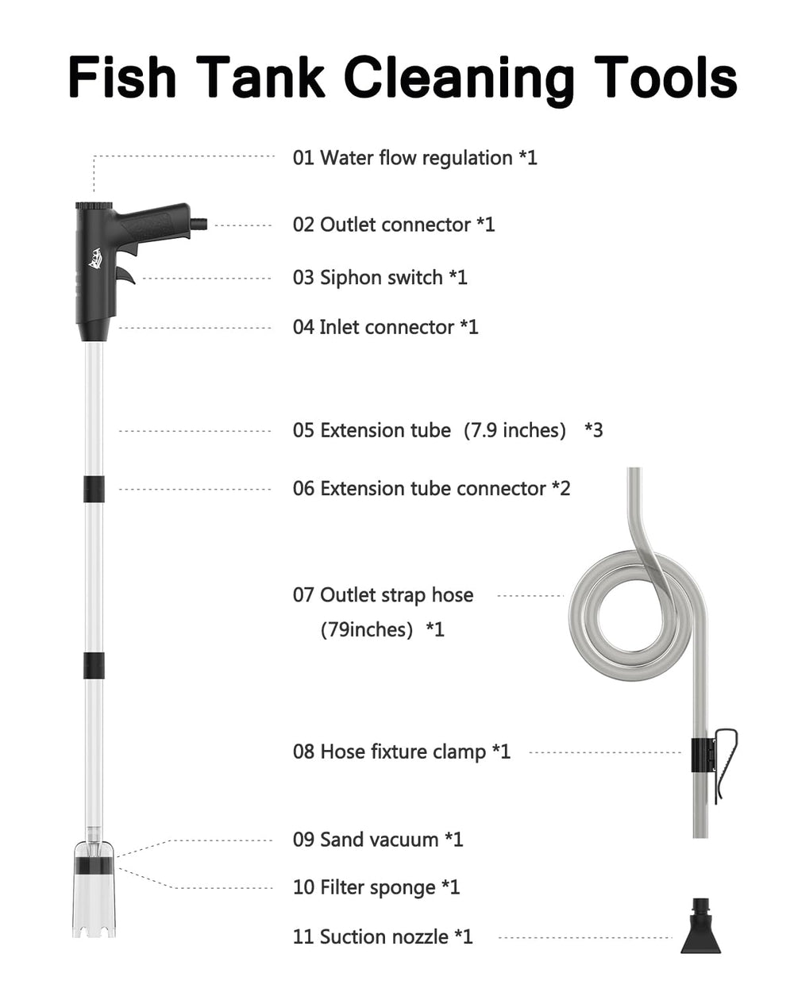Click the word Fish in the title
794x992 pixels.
click(122, 76)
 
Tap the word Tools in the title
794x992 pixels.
click(665, 76)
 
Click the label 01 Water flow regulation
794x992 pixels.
click(414, 158)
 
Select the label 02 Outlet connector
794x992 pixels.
click(394, 225)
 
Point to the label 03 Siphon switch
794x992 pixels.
click(380, 278)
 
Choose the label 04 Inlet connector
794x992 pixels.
click(385, 327)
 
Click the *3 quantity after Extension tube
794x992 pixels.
click(593, 430)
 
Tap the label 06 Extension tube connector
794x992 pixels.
click(431, 489)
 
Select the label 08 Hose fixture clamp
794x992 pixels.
click(402, 752)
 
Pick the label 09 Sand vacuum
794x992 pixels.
click(377, 840)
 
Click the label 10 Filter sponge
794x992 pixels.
click(376, 887)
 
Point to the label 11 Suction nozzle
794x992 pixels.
click(383, 936)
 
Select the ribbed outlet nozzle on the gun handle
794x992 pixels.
click(198, 224)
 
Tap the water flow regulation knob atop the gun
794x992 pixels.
click(94, 205)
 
